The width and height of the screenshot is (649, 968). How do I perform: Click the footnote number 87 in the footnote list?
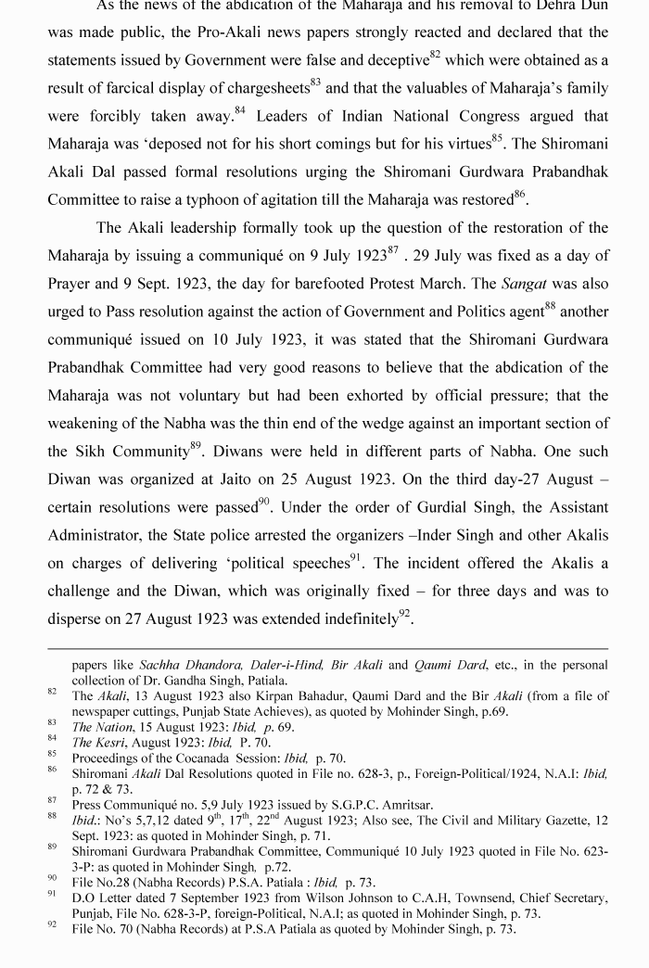(x=52, y=800)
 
